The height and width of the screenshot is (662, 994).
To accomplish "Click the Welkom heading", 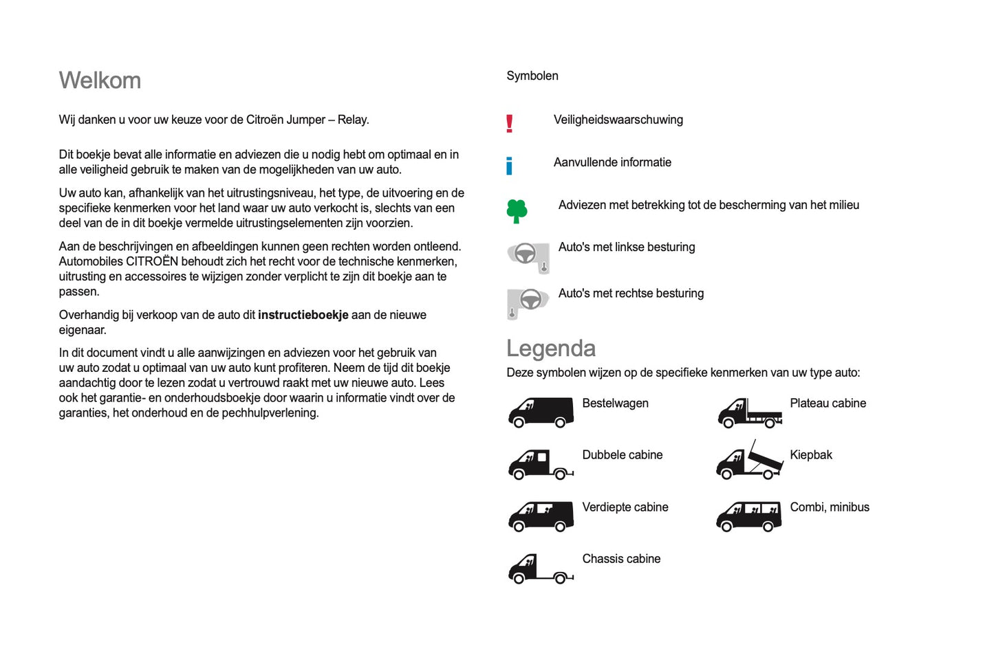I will pos(100,80).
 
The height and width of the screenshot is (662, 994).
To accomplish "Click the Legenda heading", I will pos(550,349).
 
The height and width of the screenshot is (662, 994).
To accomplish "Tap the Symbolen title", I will pos(532,76).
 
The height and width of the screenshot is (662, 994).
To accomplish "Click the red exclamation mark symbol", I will pos(509,124).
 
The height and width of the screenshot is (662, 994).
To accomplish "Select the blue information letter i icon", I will pos(509,166).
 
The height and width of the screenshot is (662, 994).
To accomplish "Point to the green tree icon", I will pos(517,211).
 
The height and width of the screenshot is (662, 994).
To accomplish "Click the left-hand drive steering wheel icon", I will pos(528,257).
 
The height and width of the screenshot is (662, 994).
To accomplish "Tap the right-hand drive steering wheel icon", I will pos(528,302).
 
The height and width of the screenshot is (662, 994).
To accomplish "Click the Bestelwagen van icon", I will pos(541,412).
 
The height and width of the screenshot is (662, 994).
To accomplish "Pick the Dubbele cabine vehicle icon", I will pos(541,464).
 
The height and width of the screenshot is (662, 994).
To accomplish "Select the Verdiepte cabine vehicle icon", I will pos(541,516).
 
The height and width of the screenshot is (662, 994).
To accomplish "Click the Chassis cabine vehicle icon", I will pos(541,569).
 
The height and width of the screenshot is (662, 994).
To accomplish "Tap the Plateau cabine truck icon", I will pos(749,412).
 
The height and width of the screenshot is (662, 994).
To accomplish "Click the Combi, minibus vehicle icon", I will pos(749,516).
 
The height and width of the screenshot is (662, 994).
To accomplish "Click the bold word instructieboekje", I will pos(303,315).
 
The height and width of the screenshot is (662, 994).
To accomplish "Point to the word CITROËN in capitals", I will pos(152,261).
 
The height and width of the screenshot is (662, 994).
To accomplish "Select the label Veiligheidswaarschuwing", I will pos(618,120).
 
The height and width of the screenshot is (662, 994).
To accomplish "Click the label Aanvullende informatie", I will pos(612,162).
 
